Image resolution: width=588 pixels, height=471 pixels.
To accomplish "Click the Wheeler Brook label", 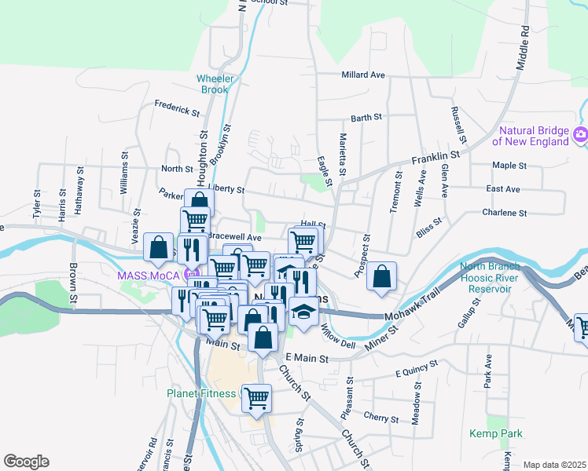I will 213,84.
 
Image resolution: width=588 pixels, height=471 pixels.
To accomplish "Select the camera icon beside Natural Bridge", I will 581,134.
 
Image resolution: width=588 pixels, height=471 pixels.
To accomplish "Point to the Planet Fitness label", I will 200,393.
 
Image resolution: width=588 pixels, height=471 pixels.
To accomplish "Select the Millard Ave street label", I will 362,75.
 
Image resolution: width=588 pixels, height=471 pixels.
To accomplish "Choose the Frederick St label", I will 177,108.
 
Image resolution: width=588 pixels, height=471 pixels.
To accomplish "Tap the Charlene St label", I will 505,213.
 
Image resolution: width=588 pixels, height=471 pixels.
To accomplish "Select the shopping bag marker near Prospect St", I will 381,276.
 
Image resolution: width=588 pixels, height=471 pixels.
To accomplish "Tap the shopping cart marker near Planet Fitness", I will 256,398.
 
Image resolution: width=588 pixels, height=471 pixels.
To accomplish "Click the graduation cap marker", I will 303,311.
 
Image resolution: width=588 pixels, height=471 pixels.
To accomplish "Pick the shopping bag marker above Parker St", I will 199,203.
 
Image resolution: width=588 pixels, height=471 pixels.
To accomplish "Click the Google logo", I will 26,462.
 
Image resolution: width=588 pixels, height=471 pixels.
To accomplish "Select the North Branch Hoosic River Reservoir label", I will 487,277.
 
